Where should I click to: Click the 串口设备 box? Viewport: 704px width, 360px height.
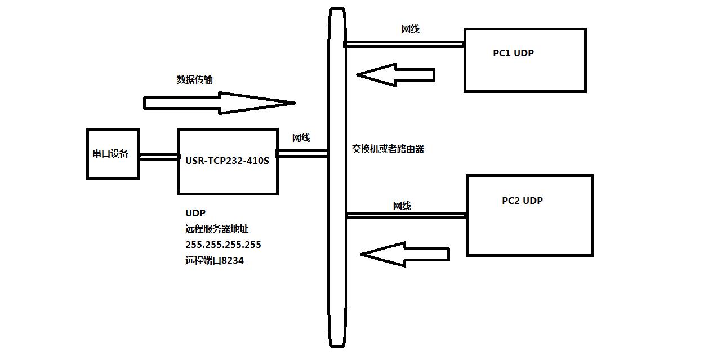113,154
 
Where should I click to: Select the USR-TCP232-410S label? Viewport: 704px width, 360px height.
227,161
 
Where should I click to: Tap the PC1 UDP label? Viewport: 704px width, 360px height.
513,54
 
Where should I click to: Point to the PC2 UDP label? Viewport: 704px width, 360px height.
522,201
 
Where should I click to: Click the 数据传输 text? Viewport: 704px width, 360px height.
195,79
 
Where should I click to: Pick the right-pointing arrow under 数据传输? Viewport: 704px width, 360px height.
220,103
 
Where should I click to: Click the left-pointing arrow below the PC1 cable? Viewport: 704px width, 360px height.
395,74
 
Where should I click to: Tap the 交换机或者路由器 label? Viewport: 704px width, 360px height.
388,149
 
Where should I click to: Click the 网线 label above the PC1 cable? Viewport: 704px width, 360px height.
410,29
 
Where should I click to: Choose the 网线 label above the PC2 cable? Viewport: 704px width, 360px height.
402,206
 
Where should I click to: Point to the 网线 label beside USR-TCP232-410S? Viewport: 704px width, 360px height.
301,138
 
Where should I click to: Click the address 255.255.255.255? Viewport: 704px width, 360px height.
223,245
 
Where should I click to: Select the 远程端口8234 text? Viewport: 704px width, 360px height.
214,261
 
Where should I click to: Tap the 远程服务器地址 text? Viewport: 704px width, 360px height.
217,229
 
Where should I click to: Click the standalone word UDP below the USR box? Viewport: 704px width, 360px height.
195,213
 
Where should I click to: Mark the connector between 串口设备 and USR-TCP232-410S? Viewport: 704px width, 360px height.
158,157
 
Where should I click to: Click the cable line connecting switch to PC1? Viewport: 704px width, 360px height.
404,43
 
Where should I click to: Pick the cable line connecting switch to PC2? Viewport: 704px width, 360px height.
406,215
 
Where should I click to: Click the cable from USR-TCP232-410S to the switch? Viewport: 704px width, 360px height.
303,153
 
